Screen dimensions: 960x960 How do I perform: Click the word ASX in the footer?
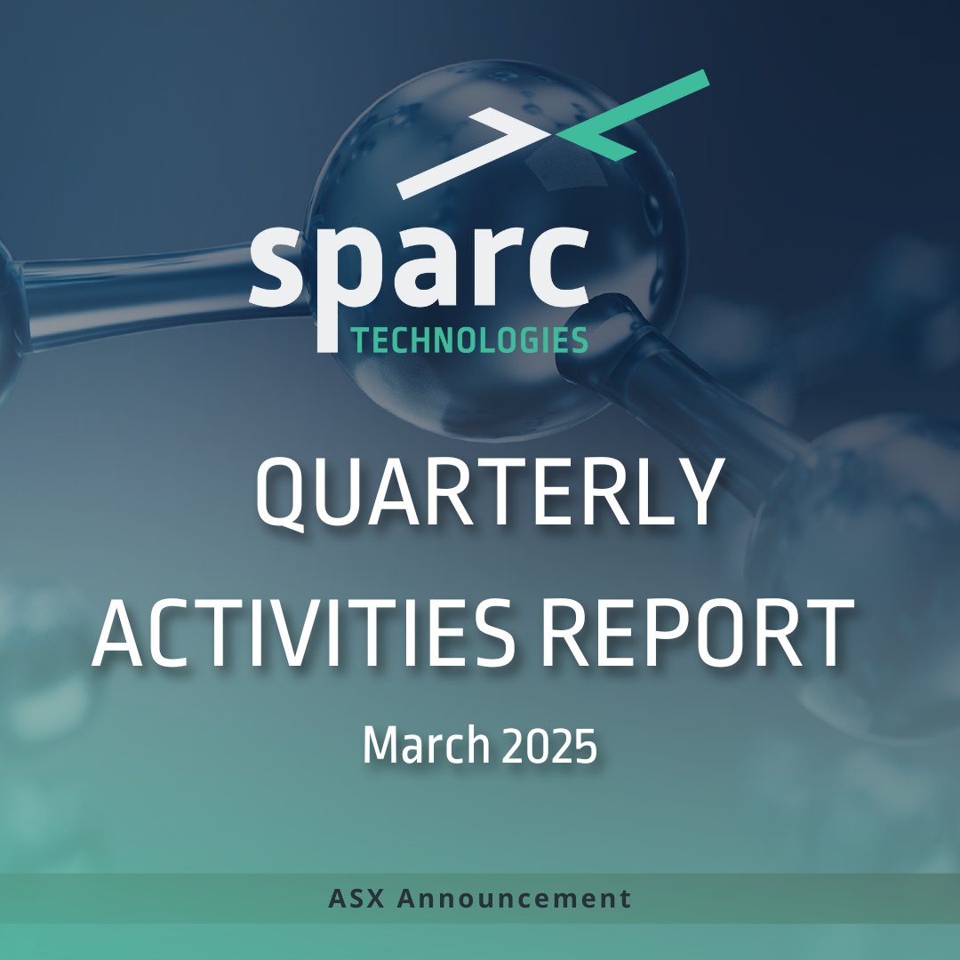[x=356, y=898]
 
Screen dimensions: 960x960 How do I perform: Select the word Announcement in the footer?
[x=515, y=898]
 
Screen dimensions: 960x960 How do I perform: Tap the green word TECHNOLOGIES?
[x=469, y=340]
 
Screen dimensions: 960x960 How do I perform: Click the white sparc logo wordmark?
[x=419, y=267]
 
